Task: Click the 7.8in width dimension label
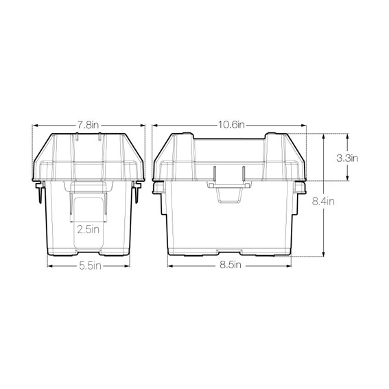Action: click(x=88, y=125)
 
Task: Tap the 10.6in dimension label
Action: click(x=231, y=125)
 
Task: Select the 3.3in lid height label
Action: click(x=347, y=158)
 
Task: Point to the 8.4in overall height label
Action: click(x=323, y=201)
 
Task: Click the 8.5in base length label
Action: click(x=231, y=265)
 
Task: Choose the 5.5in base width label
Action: click(x=90, y=266)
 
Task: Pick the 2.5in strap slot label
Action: click(x=88, y=229)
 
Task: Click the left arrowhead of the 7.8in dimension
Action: click(x=35, y=126)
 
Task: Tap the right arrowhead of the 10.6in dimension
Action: click(x=304, y=126)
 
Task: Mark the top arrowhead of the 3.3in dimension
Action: click(x=347, y=136)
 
